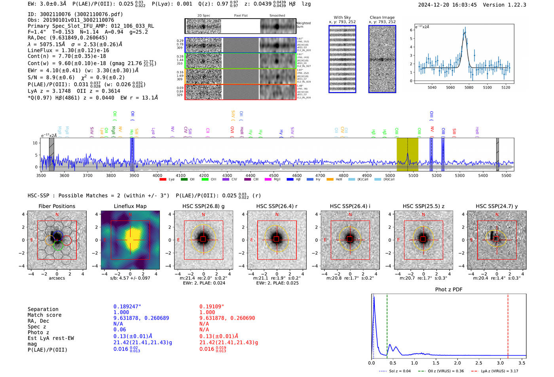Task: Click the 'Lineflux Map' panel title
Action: tap(130, 206)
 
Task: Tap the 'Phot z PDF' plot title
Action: tap(449, 289)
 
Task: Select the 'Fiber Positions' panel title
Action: tap(57, 206)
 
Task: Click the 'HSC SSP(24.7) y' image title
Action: tap(497, 206)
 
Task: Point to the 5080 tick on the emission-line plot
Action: tap(469, 87)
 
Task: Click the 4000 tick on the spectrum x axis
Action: tap(157, 175)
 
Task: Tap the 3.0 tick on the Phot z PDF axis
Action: tap(500, 363)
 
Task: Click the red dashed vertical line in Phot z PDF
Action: tap(508, 324)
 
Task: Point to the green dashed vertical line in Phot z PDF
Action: tap(387, 324)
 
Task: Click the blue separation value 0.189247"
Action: tap(127, 307)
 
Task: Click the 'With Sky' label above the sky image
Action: tap(342, 17)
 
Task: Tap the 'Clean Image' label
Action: tap(382, 17)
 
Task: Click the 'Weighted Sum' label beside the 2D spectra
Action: tap(303, 25)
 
